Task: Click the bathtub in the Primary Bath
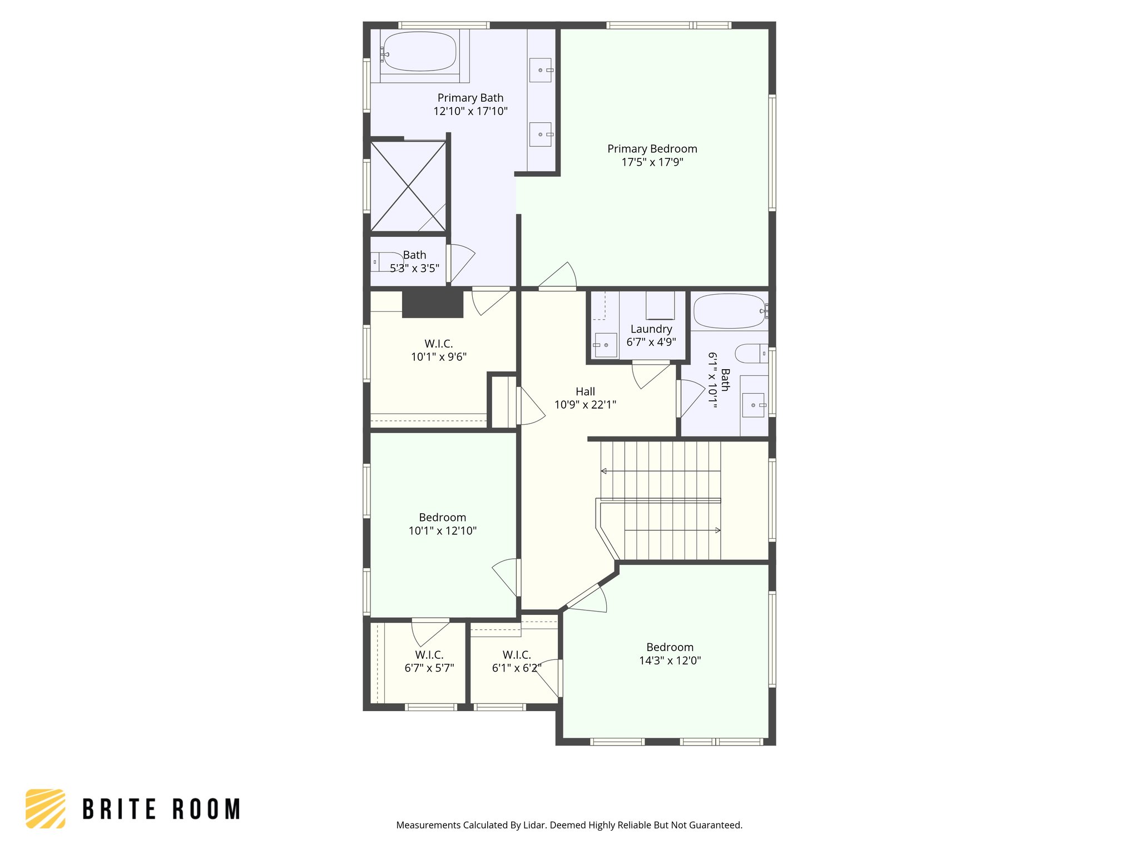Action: [x=419, y=51]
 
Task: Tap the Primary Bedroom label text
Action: [x=652, y=149]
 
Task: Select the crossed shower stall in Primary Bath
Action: [x=408, y=186]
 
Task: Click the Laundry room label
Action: [x=651, y=329]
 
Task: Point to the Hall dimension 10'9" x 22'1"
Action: [x=585, y=405]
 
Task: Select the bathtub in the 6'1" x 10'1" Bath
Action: [x=729, y=311]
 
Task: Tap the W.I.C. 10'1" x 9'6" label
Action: [x=438, y=350]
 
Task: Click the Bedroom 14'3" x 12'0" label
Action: [x=670, y=654]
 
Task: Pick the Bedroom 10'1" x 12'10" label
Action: [x=442, y=524]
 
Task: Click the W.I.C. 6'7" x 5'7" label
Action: [x=429, y=661]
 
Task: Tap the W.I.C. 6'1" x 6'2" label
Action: [x=516, y=661]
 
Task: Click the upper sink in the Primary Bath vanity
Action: [x=540, y=70]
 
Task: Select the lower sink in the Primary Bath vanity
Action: [x=540, y=135]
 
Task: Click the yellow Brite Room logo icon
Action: [x=46, y=808]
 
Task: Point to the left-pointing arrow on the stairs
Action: [x=604, y=471]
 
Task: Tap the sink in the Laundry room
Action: [x=605, y=345]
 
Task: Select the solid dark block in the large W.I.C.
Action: [x=433, y=304]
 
